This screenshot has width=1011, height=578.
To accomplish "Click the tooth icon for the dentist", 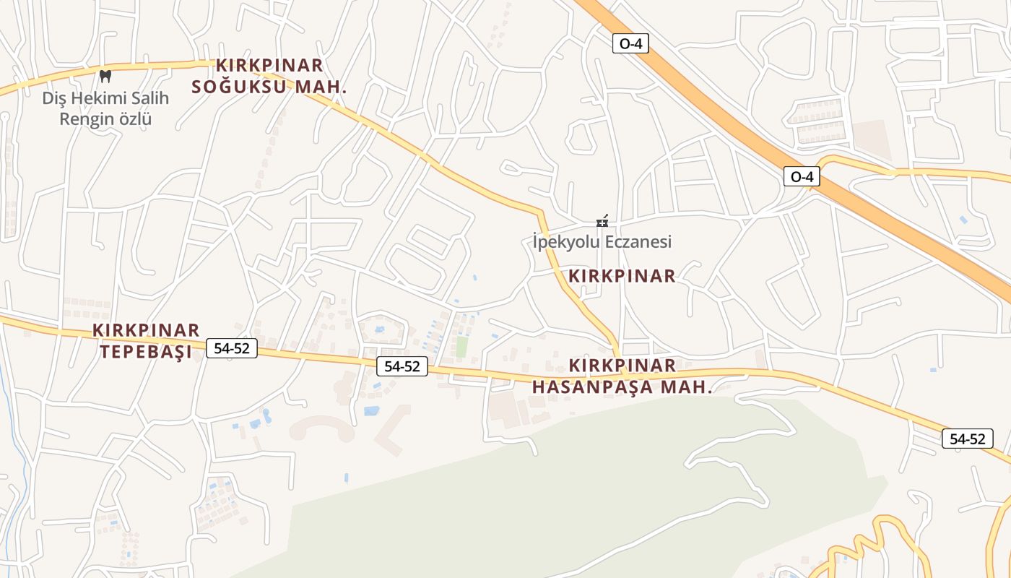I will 105,76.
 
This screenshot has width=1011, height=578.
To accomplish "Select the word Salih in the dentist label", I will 149,98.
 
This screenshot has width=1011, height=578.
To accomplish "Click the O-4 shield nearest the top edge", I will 630,43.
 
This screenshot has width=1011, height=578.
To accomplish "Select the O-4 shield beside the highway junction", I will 802,176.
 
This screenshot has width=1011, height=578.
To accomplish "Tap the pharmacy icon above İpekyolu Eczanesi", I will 602,220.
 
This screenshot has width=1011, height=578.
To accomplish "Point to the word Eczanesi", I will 638,241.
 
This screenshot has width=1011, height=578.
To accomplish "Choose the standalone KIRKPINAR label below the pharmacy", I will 622,276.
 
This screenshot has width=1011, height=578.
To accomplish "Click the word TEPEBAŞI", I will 146,352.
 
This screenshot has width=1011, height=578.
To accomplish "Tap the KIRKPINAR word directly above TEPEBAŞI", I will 146,330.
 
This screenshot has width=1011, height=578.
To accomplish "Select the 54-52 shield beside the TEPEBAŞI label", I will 231,348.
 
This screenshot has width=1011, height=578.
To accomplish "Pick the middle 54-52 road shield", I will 402,366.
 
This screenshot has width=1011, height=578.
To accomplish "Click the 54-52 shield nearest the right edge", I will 967,439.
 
